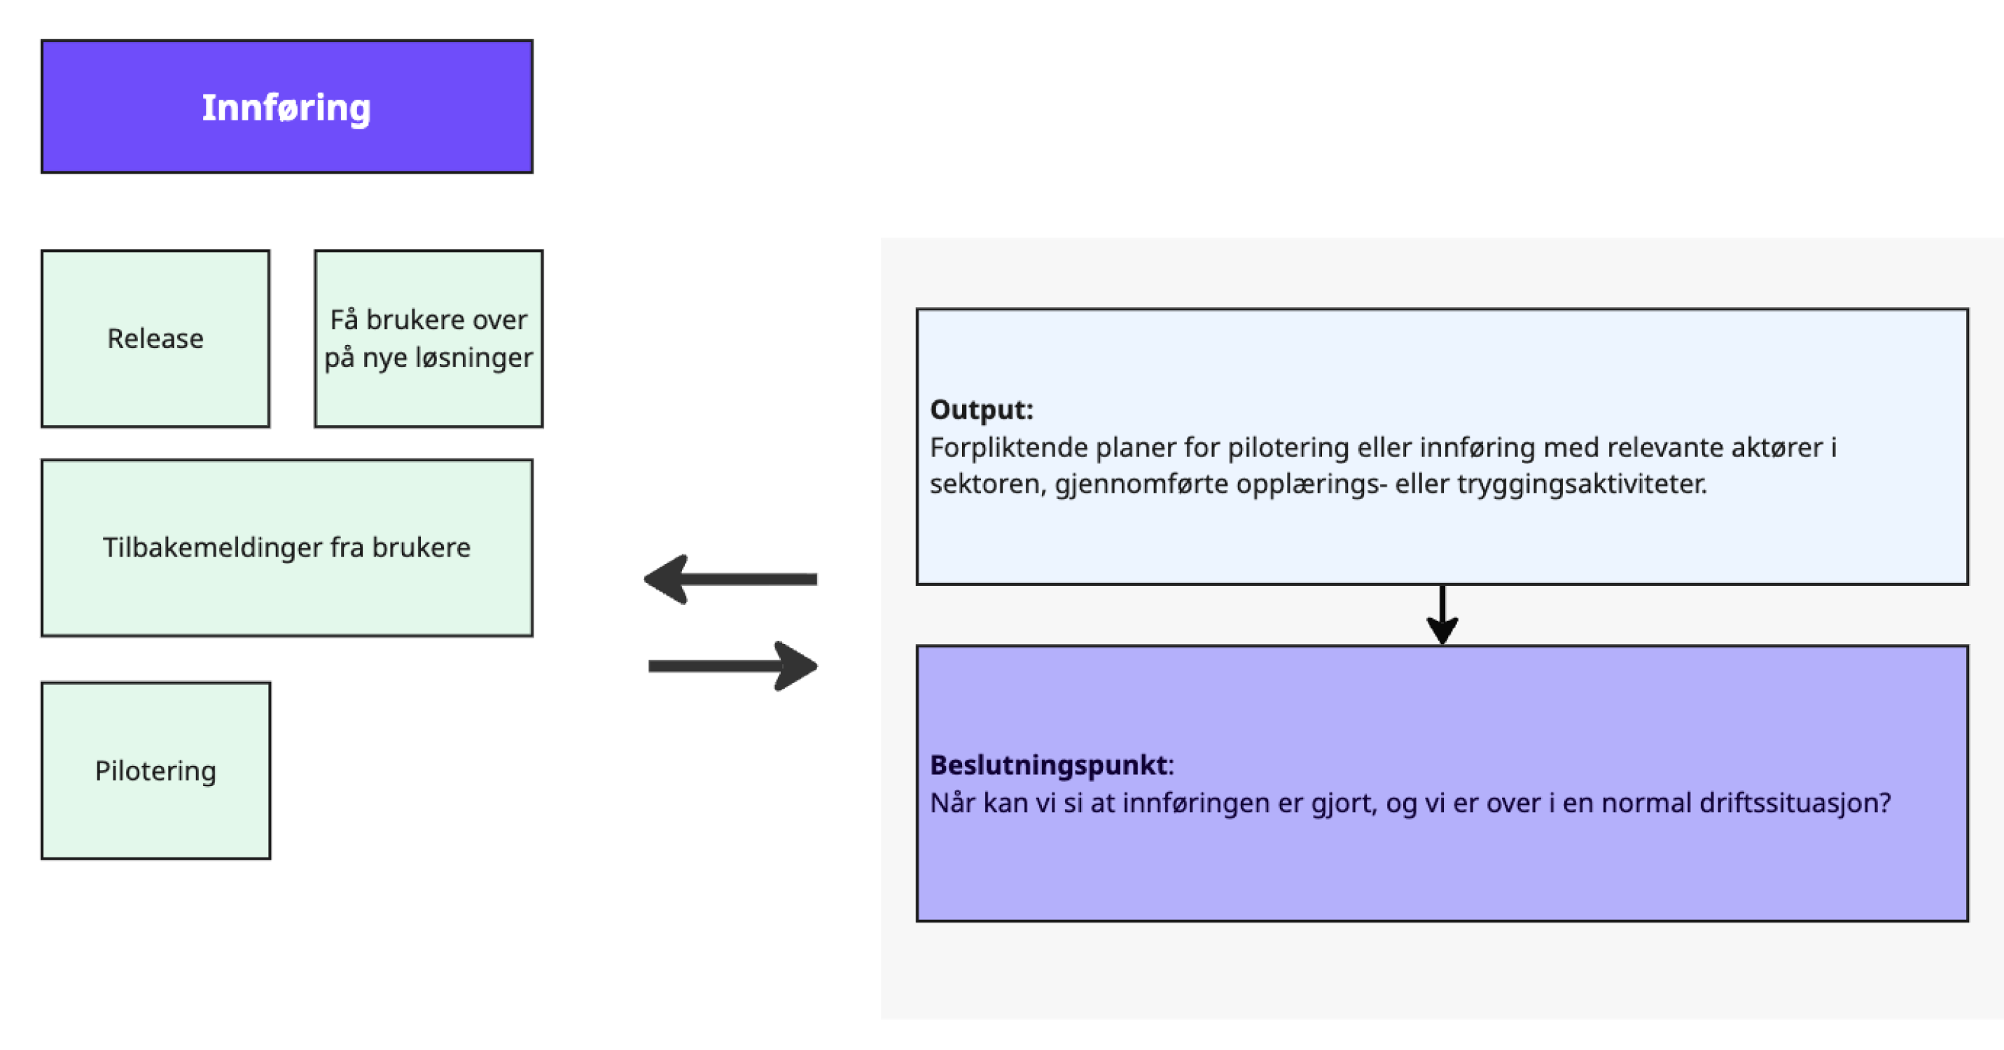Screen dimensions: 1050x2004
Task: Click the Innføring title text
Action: click(286, 107)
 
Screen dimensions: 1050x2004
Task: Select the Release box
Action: click(155, 338)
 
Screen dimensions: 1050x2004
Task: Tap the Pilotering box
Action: click(155, 771)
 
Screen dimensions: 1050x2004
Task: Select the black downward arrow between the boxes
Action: click(1442, 615)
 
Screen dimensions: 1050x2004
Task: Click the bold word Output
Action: click(980, 410)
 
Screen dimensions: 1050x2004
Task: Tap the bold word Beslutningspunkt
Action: click(1049, 765)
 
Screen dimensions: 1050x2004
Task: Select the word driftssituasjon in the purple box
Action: click(1793, 803)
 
